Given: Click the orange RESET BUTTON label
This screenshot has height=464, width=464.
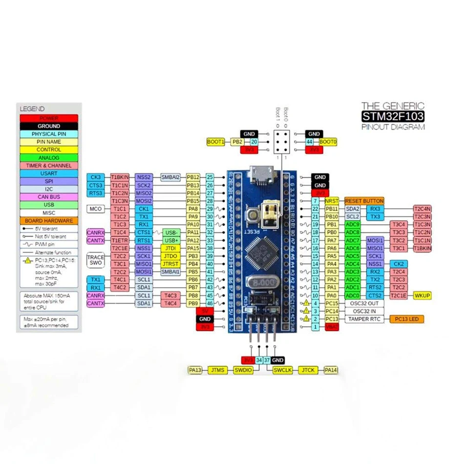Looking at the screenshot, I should pos(364,201).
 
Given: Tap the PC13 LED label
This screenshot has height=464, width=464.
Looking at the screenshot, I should pos(406,319).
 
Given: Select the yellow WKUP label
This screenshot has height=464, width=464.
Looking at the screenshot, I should pos(422,295).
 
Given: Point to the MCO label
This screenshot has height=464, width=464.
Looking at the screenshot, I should pos(95,209).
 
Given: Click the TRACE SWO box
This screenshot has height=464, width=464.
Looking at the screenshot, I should pos(96,259).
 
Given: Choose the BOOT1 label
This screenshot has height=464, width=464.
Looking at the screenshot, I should pos(215,142).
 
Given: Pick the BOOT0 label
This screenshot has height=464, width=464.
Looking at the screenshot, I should pos(328,142).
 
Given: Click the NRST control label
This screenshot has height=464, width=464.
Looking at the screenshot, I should pos(332,201).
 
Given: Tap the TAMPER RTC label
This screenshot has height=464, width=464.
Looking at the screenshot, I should pos(365,319).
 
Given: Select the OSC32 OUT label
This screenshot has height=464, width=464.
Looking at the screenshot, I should pos(364,303).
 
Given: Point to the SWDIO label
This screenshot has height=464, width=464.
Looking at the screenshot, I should pos(243,370).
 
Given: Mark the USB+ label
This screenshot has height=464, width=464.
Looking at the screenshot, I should pos(171,240).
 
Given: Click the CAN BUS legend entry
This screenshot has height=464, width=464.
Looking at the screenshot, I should pos(49,197).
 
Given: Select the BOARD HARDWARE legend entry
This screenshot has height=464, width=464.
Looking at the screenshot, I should pos(49,220).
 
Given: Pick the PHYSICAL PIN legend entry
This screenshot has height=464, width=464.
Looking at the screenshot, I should pos(49,134).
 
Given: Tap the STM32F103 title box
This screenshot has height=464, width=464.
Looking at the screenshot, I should pos(393,116).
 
